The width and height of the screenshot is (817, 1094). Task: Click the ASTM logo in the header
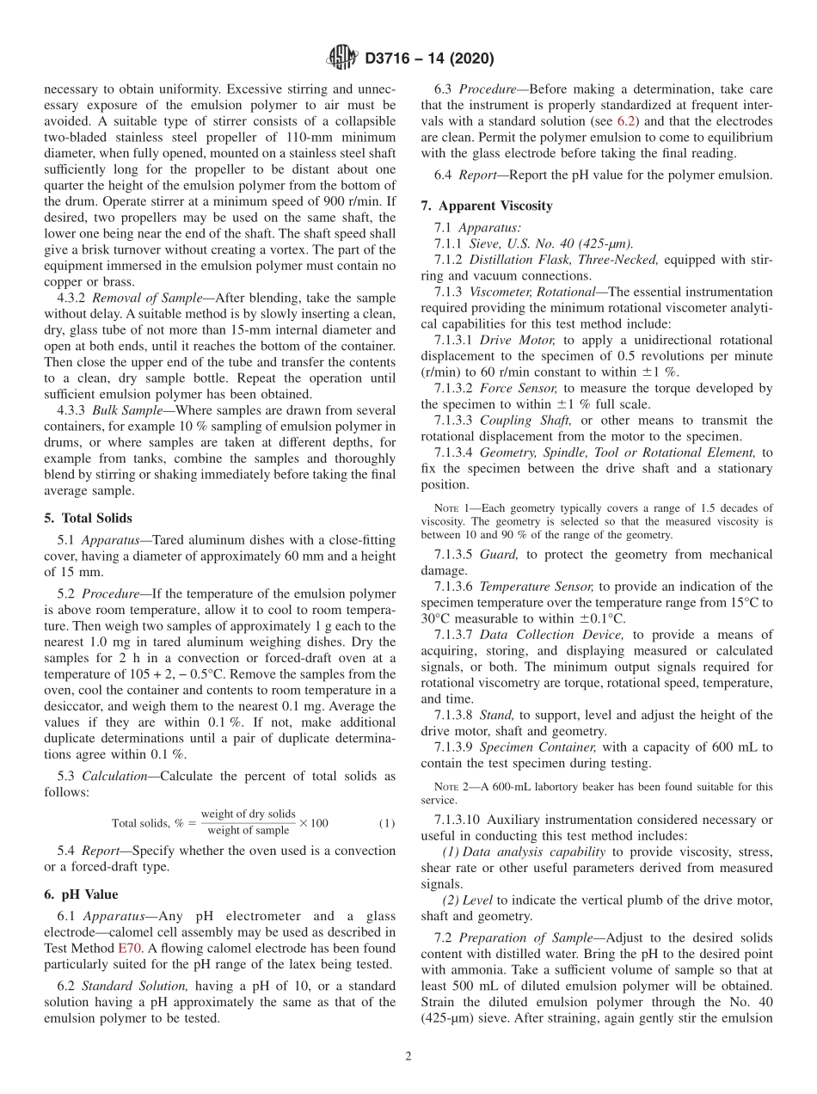click(x=341, y=58)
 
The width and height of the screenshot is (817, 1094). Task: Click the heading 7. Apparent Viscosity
click(x=487, y=206)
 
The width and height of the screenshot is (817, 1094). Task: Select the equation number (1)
click(x=387, y=823)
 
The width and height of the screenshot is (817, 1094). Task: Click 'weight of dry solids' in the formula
click(x=248, y=814)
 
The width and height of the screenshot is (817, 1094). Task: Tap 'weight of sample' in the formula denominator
click(x=249, y=831)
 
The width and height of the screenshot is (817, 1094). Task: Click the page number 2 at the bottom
click(x=408, y=1056)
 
